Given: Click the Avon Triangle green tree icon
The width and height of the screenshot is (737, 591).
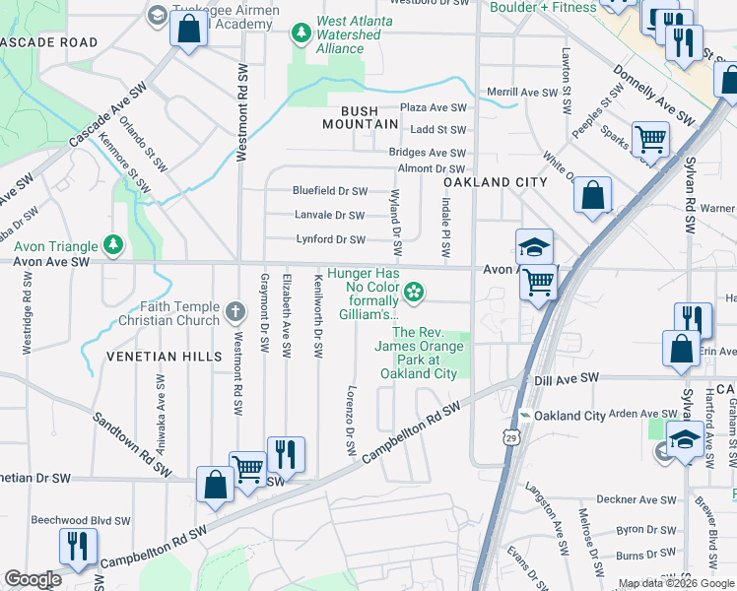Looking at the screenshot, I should pyautogui.click(x=114, y=244).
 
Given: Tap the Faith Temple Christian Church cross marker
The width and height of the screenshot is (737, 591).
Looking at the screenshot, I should pyautogui.click(x=234, y=312).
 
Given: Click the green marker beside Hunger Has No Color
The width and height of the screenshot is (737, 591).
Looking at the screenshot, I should pyautogui.click(x=415, y=291).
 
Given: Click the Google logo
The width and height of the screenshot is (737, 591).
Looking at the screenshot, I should pyautogui.click(x=33, y=579).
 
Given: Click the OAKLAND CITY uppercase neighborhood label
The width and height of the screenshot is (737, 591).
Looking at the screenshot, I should pyautogui.click(x=495, y=182).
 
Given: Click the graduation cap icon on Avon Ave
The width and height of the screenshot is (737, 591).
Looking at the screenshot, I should pyautogui.click(x=534, y=246).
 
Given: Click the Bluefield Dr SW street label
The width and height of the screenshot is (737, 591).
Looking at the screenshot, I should pyautogui.click(x=329, y=191).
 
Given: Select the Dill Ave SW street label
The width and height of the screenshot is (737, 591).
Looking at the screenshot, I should pyautogui.click(x=567, y=378).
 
